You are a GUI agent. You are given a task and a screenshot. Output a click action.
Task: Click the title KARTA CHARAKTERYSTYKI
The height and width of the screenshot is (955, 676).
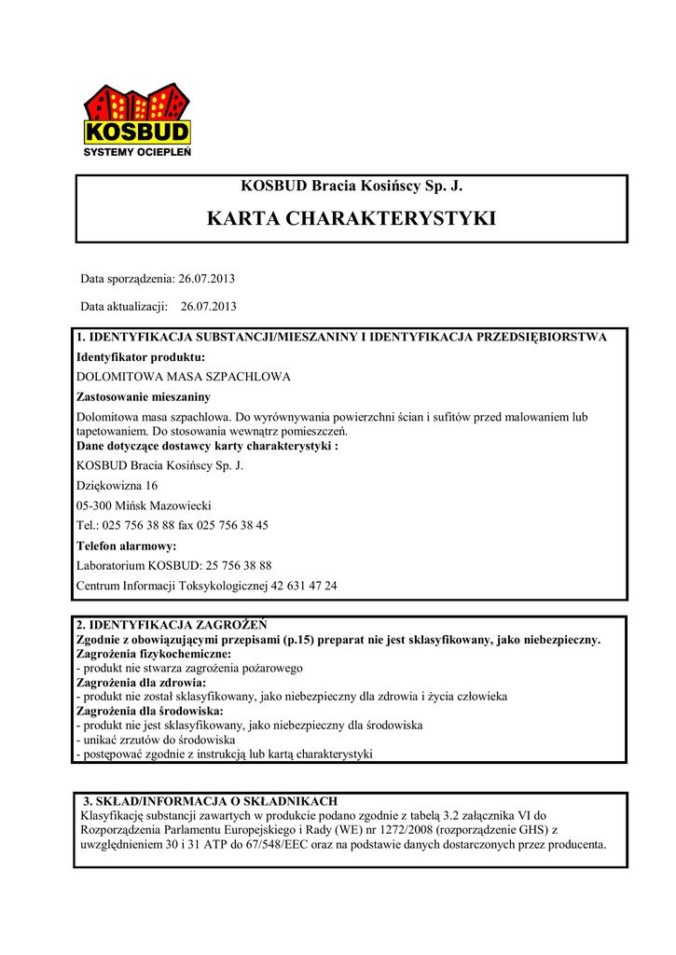[351, 219]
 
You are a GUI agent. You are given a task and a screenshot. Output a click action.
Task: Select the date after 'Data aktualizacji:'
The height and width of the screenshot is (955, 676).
[209, 306]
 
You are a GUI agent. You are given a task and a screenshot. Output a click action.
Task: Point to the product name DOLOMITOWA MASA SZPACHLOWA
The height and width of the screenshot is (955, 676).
[183, 377]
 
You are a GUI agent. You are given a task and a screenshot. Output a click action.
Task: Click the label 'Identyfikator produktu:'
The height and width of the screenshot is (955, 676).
[140, 357]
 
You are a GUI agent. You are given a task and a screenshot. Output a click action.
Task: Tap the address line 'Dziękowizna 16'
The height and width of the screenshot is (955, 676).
[117, 486]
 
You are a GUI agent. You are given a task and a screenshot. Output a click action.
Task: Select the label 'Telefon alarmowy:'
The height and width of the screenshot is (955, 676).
[126, 546]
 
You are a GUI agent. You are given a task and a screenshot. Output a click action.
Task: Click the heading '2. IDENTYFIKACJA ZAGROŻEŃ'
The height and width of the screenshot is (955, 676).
[171, 625]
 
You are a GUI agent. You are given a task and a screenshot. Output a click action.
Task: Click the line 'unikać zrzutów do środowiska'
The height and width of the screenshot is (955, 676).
[158, 740]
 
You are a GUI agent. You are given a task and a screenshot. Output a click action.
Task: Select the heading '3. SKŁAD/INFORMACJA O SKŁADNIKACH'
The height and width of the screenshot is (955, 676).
[210, 801]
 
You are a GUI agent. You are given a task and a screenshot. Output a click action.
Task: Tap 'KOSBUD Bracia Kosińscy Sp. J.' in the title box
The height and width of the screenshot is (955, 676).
[351, 187]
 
